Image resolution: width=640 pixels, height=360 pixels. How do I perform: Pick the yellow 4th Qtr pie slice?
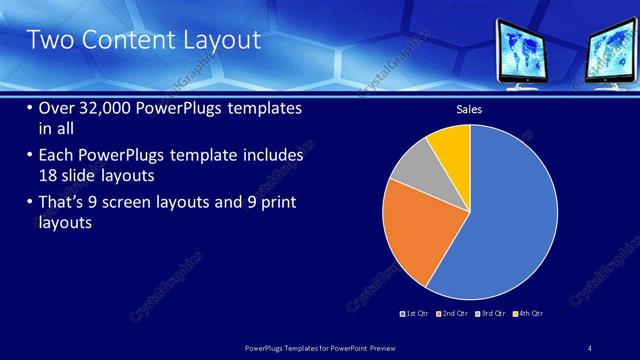[x=451, y=146]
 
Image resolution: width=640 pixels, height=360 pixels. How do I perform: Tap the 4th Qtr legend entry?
[x=531, y=314]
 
